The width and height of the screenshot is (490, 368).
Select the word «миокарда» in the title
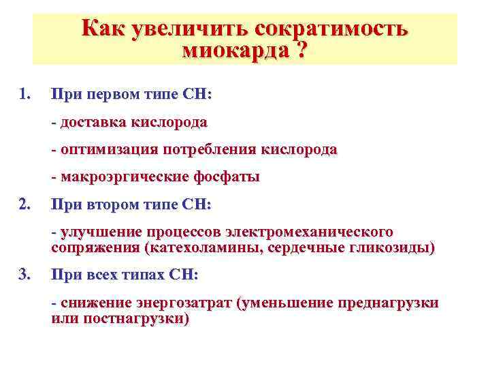pyautogui.click(x=229, y=52)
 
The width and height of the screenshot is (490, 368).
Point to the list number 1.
pyautogui.click(x=25, y=93)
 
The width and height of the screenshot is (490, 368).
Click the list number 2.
pyautogui.click(x=25, y=204)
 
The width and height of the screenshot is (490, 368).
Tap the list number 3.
pyautogui.click(x=25, y=275)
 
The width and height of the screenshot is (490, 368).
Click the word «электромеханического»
pyautogui.click(x=310, y=232)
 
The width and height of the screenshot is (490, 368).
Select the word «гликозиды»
pyautogui.click(x=395, y=247)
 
